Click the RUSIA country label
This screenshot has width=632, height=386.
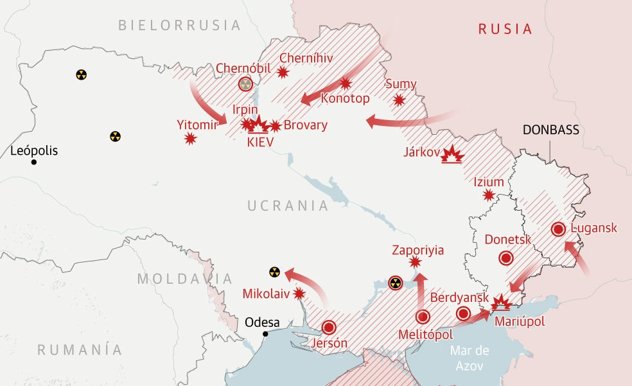[505, 29]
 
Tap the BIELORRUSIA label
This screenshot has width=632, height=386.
[179, 26]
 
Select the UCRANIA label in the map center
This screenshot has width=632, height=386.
[288, 206]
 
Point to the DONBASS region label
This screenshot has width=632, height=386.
[550, 130]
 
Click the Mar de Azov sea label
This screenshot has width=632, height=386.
[470, 358]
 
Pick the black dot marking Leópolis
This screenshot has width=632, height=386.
[34, 162]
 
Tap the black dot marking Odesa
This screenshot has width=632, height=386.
[265, 333]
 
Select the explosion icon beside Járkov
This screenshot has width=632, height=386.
[454, 154]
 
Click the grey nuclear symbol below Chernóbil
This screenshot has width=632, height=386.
[245, 84]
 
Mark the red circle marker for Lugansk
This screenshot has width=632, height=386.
[558, 229]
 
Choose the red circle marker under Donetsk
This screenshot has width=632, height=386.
[505, 258]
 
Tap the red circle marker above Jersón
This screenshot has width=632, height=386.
[329, 328]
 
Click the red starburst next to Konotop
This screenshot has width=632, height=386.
[346, 83]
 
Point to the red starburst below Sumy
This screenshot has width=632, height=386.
[399, 100]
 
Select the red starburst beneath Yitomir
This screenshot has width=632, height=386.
[190, 138]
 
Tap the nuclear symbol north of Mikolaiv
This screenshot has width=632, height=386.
[274, 272]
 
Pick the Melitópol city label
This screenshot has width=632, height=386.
[425, 335]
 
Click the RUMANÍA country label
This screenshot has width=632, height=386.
[80, 350]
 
